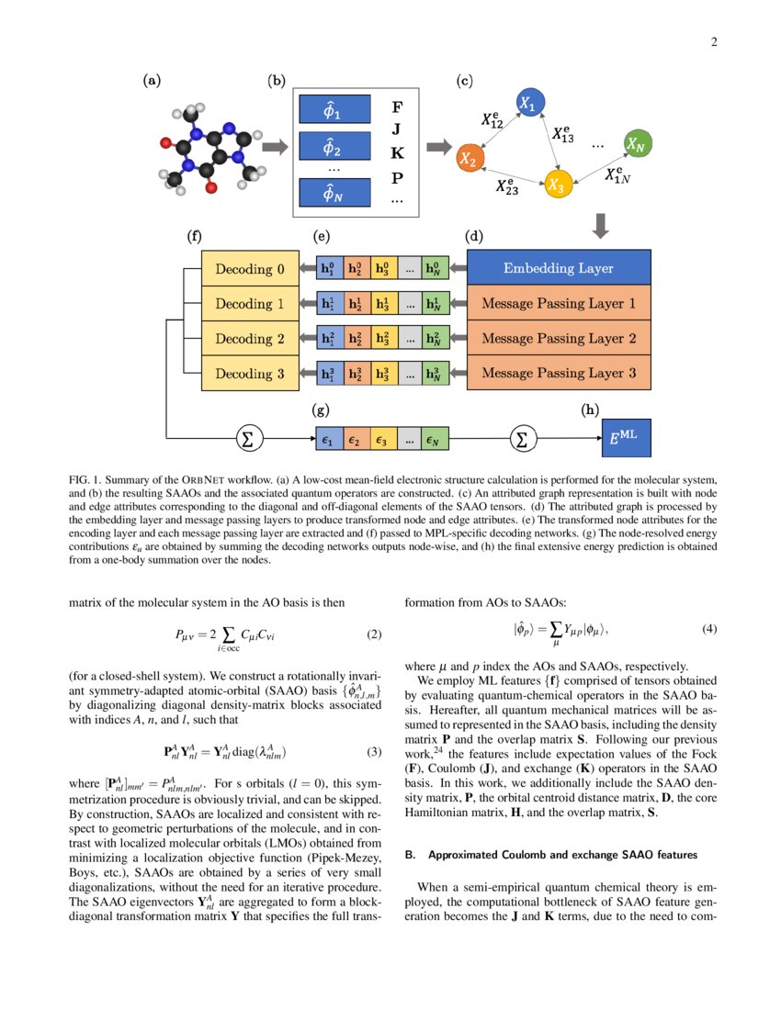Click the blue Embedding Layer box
pos(559,269)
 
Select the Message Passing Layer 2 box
pos(559,339)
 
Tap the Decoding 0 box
pos(251,269)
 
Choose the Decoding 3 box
pos(251,374)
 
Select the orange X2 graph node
pos(469,159)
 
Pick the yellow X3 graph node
pos(555,184)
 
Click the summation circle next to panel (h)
pos(522,440)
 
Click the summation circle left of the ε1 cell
pos(246,440)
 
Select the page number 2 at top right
pos(713,41)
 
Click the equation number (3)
pos(373,752)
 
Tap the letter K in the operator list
pos(397,152)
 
